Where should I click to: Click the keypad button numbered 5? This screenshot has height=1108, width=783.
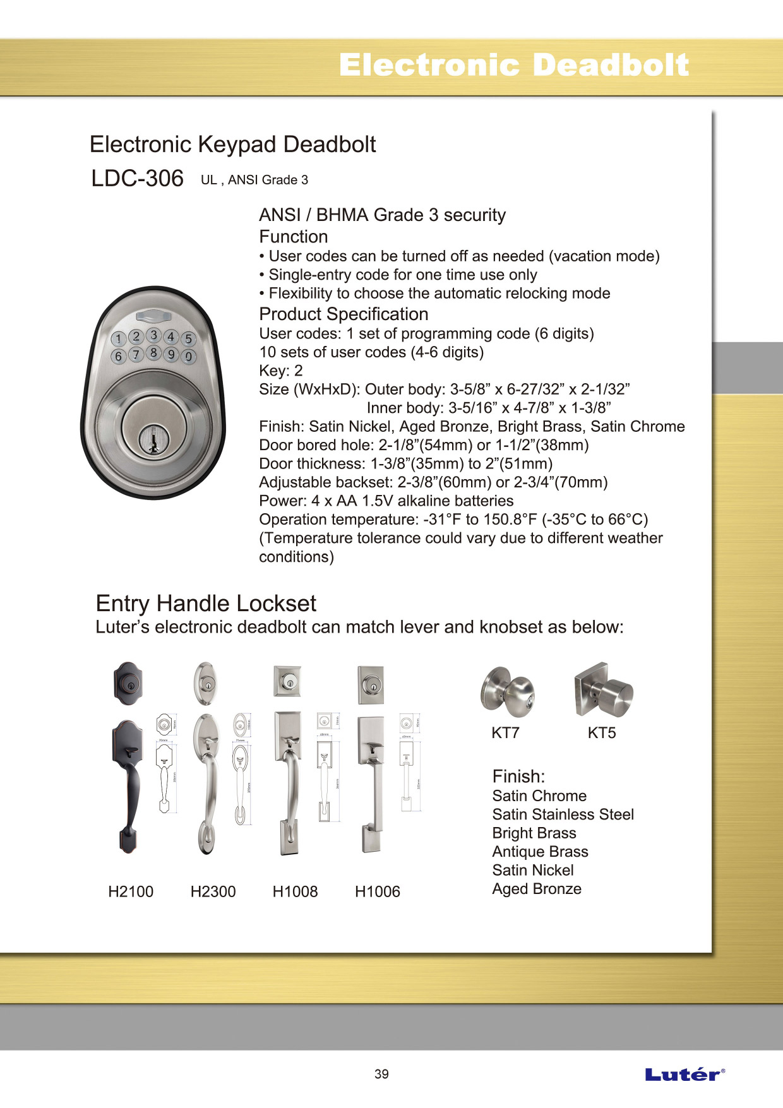pyautogui.click(x=188, y=339)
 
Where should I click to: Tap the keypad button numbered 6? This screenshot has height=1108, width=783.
pyautogui.click(x=118, y=356)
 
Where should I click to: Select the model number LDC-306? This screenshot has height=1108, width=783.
pyautogui.click(x=137, y=179)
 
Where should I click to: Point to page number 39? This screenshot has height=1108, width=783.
pyautogui.click(x=381, y=1074)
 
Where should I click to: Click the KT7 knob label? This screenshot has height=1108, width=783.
pyautogui.click(x=505, y=733)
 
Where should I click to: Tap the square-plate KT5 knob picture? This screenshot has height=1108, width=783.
pyautogui.click(x=603, y=690)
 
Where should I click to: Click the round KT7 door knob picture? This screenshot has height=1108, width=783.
pyautogui.click(x=507, y=692)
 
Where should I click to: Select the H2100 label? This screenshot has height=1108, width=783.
pyautogui.click(x=131, y=891)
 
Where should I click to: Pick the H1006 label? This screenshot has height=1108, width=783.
pyautogui.click(x=378, y=891)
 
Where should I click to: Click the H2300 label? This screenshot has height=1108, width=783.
pyautogui.click(x=213, y=891)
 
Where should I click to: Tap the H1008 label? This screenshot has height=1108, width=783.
pyautogui.click(x=295, y=891)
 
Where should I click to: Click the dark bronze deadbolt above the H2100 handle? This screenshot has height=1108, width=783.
pyautogui.click(x=128, y=683)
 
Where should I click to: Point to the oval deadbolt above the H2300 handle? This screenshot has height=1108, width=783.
pyautogui.click(x=205, y=683)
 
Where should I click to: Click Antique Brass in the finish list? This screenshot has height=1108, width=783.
pyautogui.click(x=540, y=852)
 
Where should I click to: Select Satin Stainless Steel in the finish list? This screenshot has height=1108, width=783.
pyautogui.click(x=563, y=814)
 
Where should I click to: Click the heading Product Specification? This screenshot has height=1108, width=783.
pyautogui.click(x=344, y=314)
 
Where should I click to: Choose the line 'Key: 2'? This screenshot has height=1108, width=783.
pyautogui.click(x=281, y=371)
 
